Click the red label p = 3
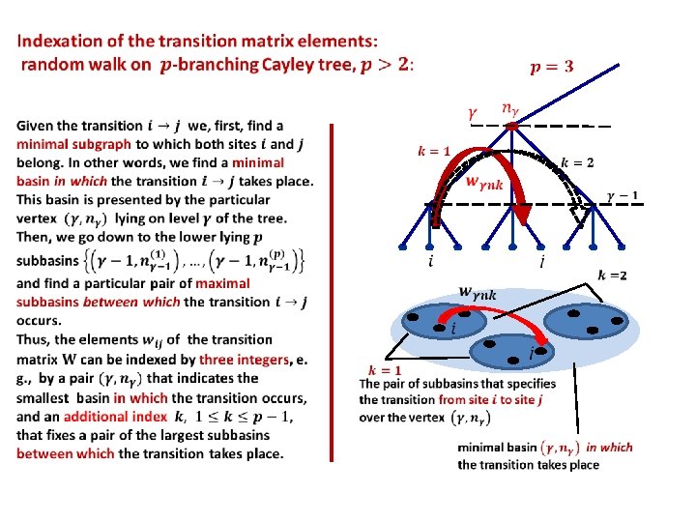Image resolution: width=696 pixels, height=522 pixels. tap(551, 66)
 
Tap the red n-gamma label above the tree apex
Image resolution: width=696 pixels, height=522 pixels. tap(507, 109)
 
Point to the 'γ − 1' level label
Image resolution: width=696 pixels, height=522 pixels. tap(622, 196)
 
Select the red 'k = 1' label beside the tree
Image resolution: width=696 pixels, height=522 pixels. tap(434, 151)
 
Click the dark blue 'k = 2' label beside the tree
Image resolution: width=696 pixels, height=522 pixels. tap(577, 161)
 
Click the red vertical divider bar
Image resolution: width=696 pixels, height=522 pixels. tap(332, 290)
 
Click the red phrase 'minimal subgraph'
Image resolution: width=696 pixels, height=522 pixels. tap(66, 144)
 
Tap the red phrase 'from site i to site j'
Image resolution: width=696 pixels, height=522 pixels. tap(495, 399)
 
